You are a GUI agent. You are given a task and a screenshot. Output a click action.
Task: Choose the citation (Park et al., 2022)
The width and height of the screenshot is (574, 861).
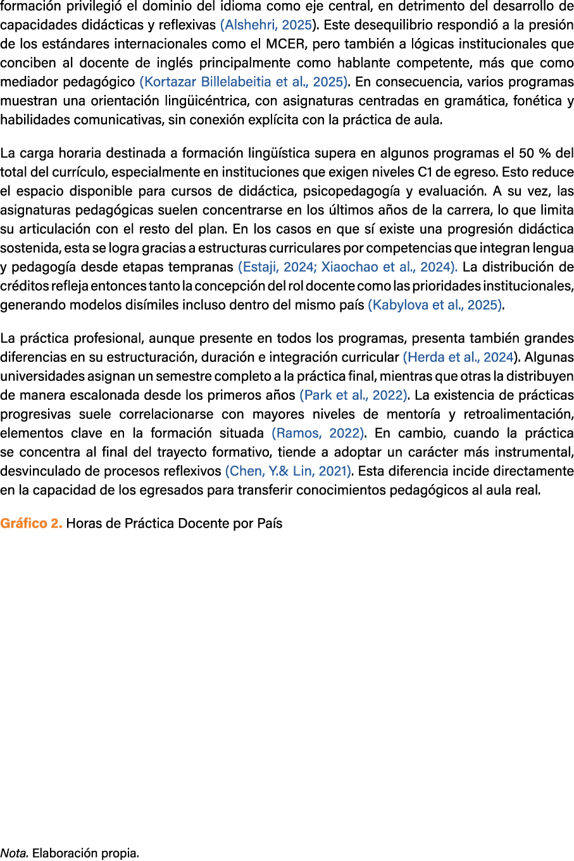coord(353,395)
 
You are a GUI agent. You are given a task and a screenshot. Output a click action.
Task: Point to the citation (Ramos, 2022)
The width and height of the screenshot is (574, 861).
coord(318,433)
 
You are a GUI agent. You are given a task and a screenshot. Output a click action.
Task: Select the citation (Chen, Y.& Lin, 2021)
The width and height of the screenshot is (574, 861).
coord(289,471)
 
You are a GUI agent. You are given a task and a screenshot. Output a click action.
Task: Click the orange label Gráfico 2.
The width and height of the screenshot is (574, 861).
coord(31,524)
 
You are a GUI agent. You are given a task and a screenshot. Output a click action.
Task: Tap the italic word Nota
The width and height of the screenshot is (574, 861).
coord(14,853)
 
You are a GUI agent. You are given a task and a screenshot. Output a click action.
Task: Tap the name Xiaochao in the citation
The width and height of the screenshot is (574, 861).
coord(349,267)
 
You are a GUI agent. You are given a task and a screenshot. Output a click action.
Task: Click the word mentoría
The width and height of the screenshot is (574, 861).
coord(413,414)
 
